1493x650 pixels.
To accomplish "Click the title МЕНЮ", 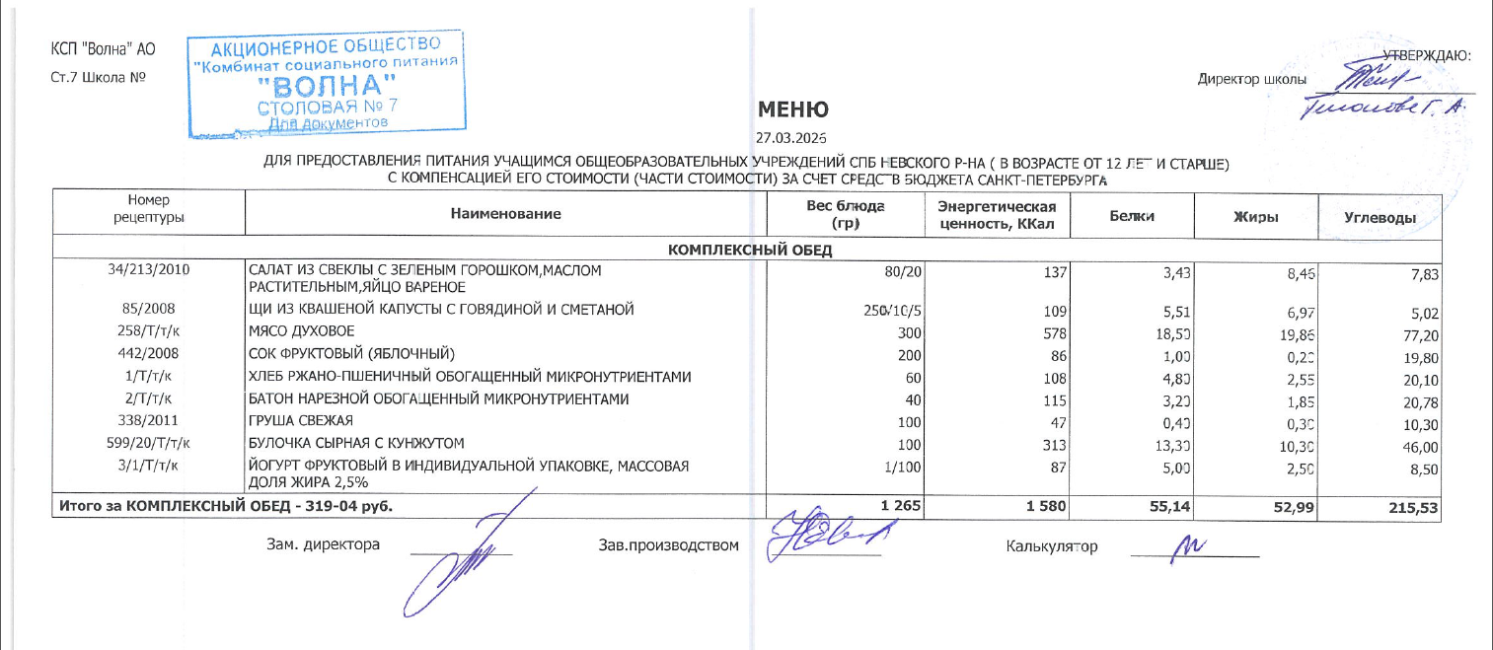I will (792, 109).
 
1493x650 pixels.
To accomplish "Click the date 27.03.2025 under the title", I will (790, 138).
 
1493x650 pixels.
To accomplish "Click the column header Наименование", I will (505, 214).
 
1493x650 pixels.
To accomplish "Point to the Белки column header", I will (1132, 215).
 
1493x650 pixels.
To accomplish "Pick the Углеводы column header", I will (1381, 216).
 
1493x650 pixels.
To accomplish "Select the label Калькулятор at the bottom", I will (1051, 545).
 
